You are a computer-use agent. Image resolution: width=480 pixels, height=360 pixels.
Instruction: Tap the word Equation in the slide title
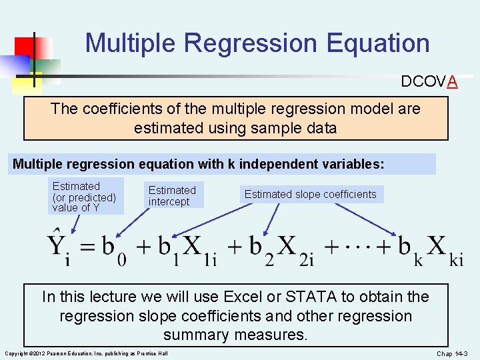coord(378,44)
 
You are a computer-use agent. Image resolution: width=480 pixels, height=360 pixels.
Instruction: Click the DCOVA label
coord(429,81)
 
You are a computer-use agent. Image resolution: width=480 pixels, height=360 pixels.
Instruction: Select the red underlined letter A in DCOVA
coord(452,81)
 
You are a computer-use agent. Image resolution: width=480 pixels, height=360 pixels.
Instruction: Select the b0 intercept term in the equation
coord(114,249)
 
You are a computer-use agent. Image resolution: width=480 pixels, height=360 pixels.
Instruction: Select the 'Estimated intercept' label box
coord(172,196)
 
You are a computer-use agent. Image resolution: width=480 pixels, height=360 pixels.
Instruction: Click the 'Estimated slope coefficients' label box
coord(310,195)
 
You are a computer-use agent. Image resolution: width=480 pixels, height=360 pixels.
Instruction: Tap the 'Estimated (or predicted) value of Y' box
coord(85,197)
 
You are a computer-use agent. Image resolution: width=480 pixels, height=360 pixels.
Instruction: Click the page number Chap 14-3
coord(453,353)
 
